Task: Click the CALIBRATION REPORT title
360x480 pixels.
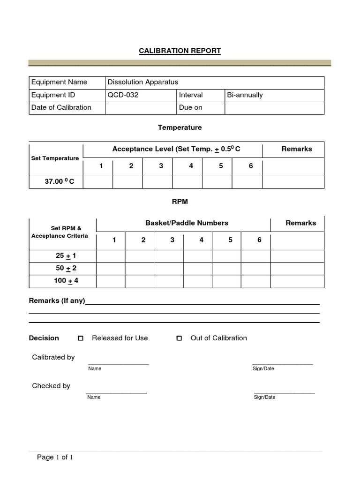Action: [180, 51]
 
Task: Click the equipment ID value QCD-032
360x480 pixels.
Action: [123, 95]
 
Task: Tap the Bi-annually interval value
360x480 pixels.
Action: [245, 95]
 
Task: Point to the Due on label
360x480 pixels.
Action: [190, 107]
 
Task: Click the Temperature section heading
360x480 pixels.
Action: [180, 127]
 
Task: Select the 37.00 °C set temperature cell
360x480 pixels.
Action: [56, 182]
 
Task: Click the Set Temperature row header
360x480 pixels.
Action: [55, 158]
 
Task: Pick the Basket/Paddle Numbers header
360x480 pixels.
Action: [187, 223]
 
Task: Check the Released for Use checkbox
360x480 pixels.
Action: [80, 338]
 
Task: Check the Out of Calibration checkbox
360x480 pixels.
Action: [179, 338]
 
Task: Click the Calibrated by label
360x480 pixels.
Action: [53, 357]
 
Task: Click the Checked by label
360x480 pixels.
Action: [51, 386]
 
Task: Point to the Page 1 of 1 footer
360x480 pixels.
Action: [55, 457]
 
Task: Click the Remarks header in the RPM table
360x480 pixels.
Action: [300, 223]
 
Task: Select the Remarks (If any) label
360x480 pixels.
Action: [57, 301]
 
